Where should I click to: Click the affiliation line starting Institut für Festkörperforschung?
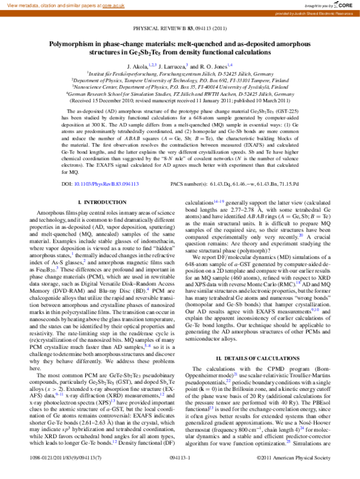(179, 73)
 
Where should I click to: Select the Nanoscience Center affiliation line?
(179, 87)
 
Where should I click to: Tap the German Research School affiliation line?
(179, 94)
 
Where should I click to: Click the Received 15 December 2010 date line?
(179, 101)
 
